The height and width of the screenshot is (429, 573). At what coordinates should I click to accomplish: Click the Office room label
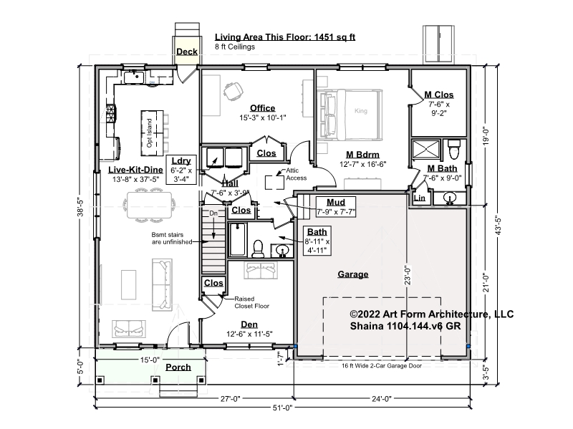[x=262, y=108]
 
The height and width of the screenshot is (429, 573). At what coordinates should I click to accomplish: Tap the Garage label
[x=352, y=274]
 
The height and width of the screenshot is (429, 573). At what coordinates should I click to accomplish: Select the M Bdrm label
[x=362, y=155]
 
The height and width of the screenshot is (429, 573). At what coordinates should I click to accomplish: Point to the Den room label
[x=249, y=324]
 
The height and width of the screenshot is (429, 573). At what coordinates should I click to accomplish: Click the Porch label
[x=178, y=367]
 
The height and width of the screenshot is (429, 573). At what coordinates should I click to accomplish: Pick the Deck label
[x=187, y=52]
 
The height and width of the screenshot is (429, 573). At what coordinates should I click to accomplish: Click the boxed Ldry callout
[x=182, y=170]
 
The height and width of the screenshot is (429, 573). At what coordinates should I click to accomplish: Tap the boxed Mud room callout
[x=336, y=207]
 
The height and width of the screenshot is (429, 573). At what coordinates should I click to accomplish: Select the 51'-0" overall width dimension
[x=283, y=408]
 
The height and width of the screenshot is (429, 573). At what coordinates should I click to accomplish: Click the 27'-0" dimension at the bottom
[x=231, y=399]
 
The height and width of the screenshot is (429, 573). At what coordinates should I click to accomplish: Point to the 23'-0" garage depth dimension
[x=408, y=276]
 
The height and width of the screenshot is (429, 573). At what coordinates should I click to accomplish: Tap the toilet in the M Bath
[x=454, y=149]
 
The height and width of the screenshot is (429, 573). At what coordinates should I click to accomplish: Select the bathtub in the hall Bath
[x=238, y=239]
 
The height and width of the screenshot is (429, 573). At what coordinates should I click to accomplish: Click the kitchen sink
[x=134, y=77]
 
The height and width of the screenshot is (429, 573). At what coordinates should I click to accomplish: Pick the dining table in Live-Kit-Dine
[x=150, y=205]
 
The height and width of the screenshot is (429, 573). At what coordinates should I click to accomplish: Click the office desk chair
[x=233, y=91]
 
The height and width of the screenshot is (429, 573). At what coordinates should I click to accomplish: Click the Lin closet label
[x=420, y=198]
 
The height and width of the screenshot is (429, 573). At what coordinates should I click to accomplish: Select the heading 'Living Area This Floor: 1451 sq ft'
[x=285, y=37]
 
